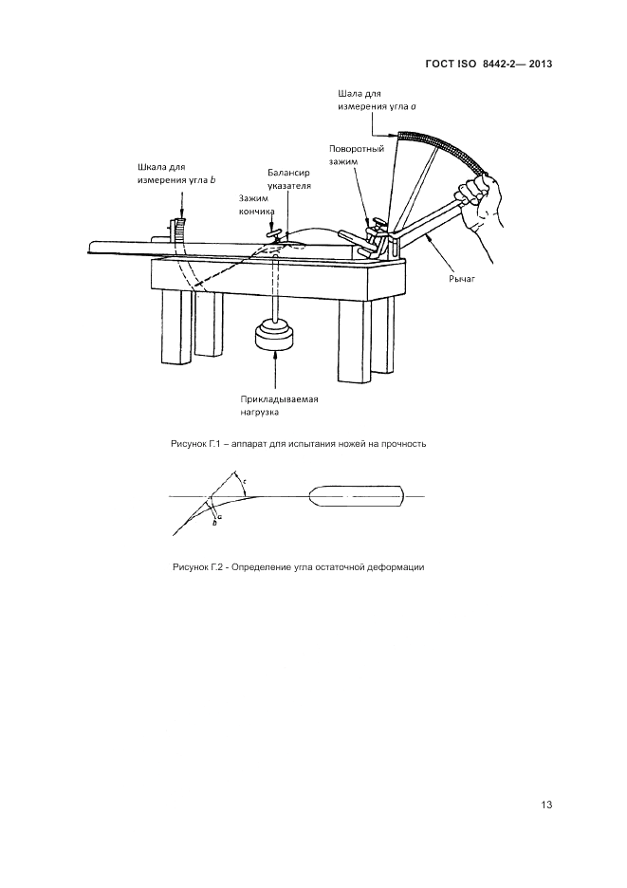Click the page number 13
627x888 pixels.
click(546, 805)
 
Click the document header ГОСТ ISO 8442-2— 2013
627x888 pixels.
click(488, 64)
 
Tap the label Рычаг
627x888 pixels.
click(462, 279)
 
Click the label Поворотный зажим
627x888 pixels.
click(357, 155)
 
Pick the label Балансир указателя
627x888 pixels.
click(289, 179)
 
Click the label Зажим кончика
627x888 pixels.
click(253, 205)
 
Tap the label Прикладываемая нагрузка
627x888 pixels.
click(279, 405)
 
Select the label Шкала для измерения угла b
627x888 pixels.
click(176, 174)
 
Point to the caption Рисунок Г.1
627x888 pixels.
click(298, 444)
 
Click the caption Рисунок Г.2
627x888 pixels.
click(299, 567)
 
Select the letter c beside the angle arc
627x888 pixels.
click(244, 482)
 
